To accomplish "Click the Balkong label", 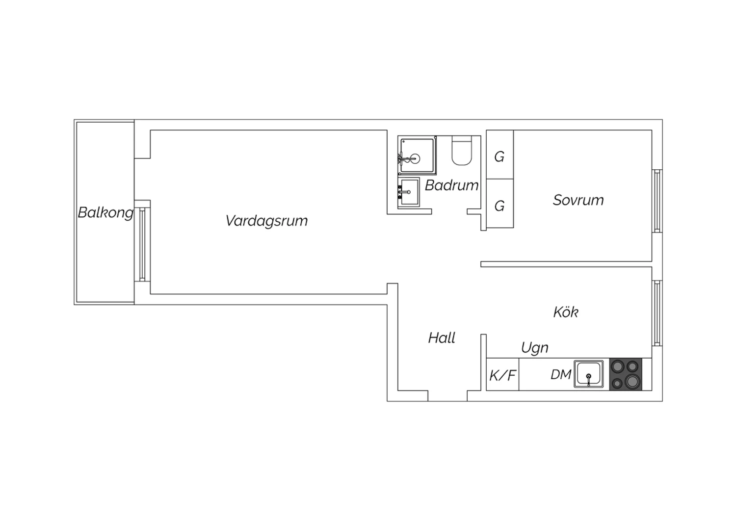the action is point(105,213).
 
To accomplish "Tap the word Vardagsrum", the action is point(266,221).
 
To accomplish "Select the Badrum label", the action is point(451,185).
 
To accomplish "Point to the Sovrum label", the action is point(578,200).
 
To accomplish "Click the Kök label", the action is point(566,312).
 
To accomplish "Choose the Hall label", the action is point(442,338).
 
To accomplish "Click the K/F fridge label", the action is point(503,375).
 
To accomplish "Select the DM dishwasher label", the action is point(561,374).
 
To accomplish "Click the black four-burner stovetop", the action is point(626,374).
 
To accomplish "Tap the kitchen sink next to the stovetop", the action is point(589,374).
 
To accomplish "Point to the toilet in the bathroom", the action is point(462,151).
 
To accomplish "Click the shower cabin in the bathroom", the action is point(417,155).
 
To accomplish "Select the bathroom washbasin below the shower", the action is point(409,192).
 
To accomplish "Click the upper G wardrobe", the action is point(500,155).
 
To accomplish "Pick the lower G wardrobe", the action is point(500,204).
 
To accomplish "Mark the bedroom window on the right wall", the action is point(657,201).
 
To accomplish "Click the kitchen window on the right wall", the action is point(657,313).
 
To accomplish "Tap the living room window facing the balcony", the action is point(142,245).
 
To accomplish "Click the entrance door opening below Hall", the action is point(447,396).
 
